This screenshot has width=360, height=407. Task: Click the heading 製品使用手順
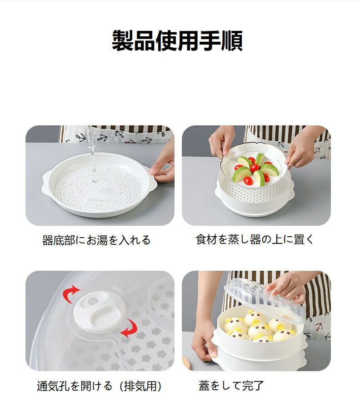coord(177,40)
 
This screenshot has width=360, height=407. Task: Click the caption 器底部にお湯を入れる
coord(96,240)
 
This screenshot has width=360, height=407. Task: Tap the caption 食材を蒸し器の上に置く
coord(255,239)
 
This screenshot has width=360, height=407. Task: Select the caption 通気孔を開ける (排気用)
coord(99,386)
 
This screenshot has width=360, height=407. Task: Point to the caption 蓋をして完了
coord(231,386)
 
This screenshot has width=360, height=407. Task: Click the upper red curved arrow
coord(70,294)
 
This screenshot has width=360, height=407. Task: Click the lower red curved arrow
coord(129,328)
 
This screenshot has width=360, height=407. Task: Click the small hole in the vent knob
coord(93,301)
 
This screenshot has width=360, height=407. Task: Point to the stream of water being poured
coord(91,153)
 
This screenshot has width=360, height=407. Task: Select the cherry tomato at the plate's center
coord(255,168)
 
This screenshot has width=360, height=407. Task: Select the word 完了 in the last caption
coord(253,386)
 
